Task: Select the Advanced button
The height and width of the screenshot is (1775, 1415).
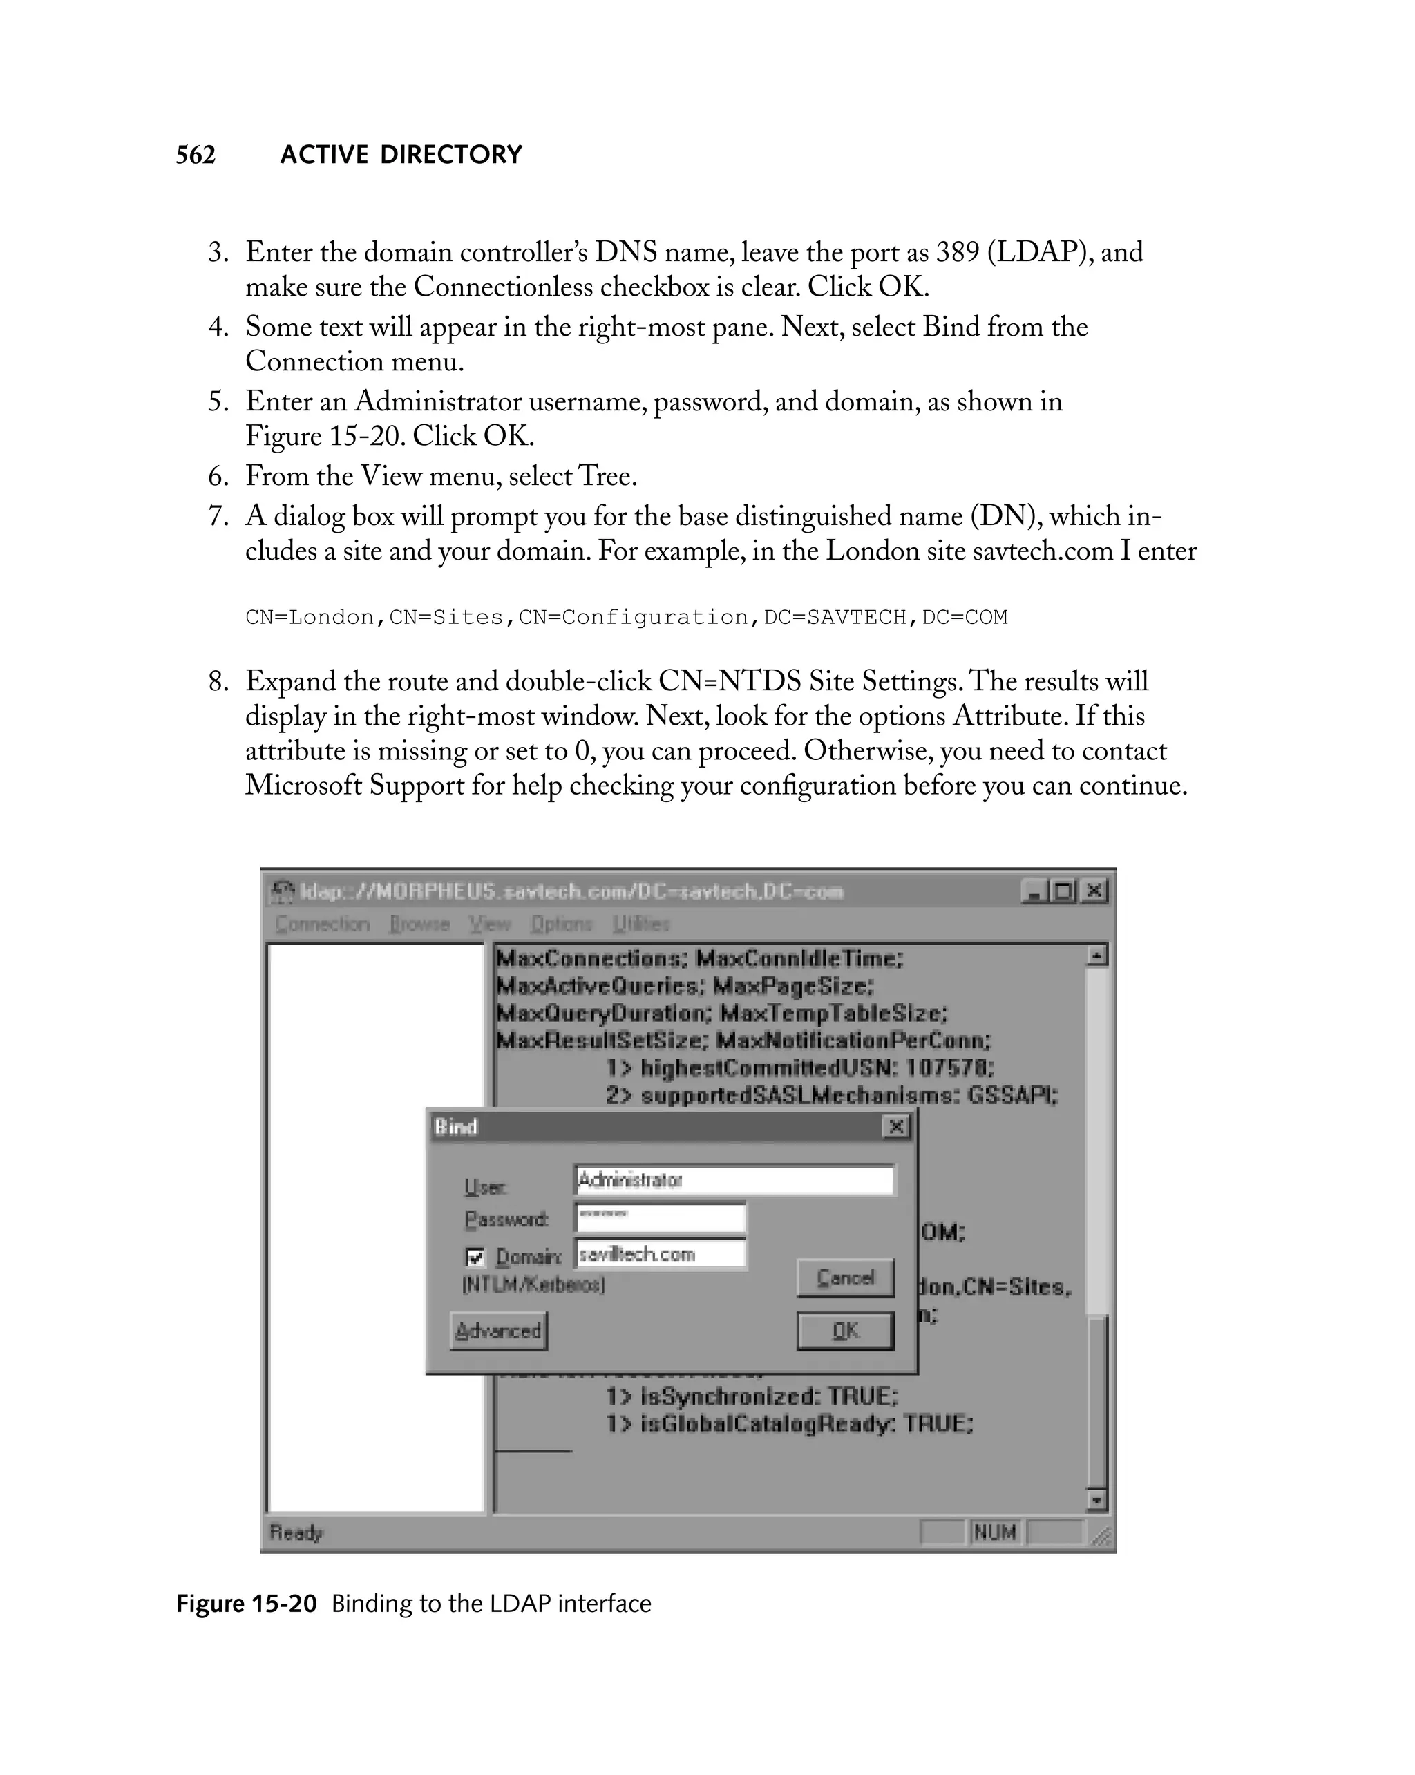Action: (x=498, y=1331)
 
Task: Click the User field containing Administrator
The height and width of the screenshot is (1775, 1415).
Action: (x=734, y=1180)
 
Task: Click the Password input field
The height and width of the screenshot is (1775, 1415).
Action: (x=660, y=1217)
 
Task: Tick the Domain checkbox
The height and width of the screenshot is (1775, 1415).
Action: (x=475, y=1257)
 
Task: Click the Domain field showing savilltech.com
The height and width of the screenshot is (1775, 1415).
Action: (x=660, y=1254)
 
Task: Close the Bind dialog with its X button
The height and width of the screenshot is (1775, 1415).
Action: (x=895, y=1126)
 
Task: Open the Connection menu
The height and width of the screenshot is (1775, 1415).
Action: (x=322, y=924)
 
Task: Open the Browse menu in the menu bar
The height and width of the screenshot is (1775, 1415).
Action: (x=419, y=924)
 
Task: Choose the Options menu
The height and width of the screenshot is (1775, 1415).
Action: (x=562, y=924)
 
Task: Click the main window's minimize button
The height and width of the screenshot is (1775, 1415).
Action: (x=1033, y=891)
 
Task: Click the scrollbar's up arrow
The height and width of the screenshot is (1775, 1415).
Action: (x=1096, y=955)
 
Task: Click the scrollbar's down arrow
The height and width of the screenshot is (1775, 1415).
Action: (x=1096, y=1500)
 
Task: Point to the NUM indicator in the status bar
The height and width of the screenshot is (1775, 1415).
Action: (x=994, y=1532)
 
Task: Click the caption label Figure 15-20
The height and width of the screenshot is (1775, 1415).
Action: (x=246, y=1604)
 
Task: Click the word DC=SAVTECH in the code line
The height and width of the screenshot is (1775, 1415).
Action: (x=834, y=618)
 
